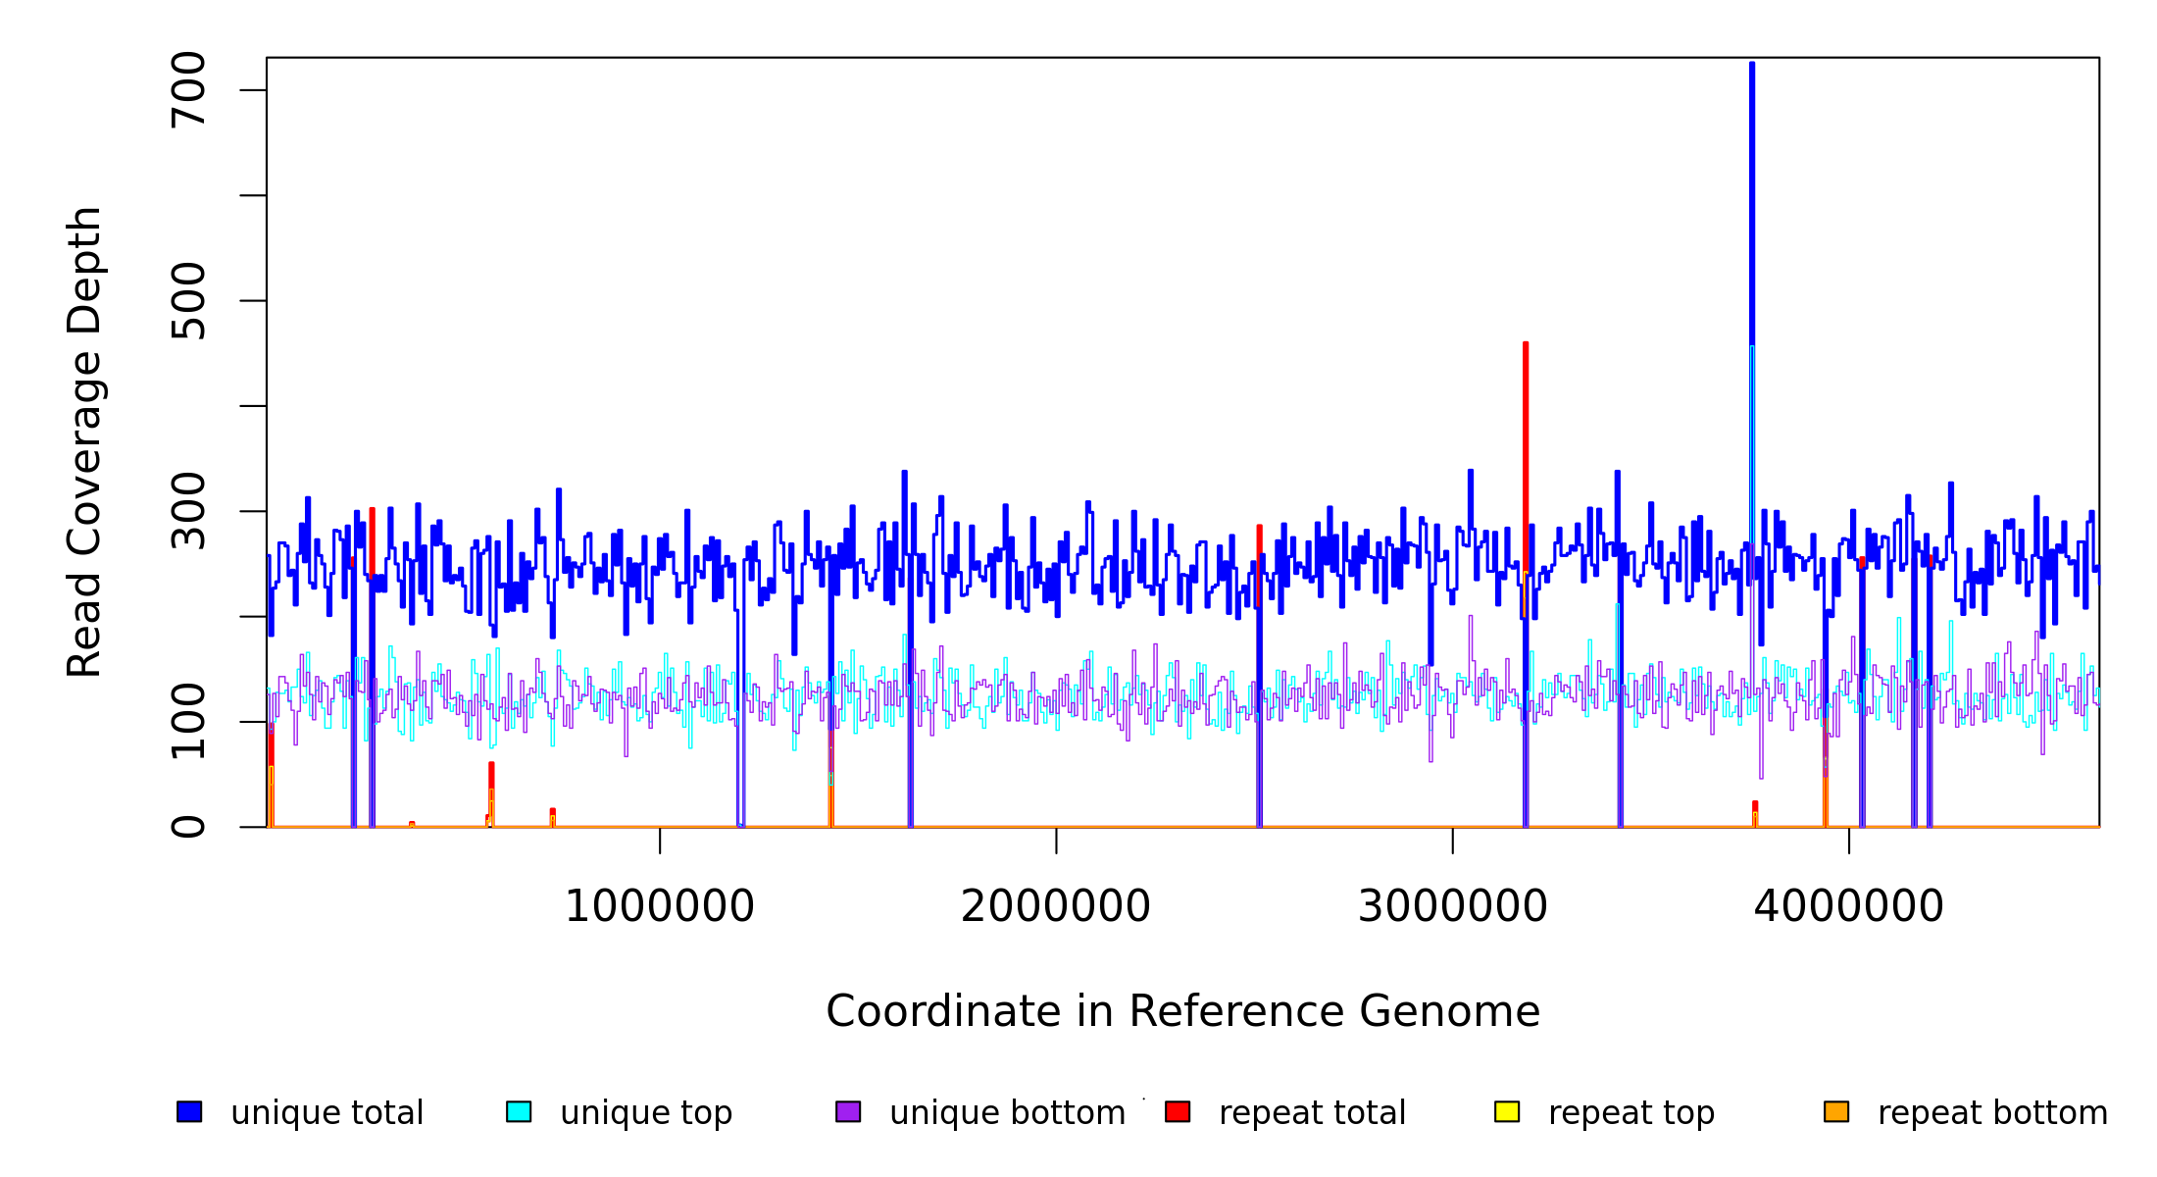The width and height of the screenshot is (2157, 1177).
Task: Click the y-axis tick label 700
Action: coord(187,90)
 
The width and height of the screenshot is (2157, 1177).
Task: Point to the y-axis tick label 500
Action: coord(187,301)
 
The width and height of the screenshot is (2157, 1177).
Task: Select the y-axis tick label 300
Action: coord(187,511)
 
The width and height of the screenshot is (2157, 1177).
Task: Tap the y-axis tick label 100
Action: coord(187,722)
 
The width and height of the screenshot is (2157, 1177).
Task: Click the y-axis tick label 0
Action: coord(187,827)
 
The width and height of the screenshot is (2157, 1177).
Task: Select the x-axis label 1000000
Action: coord(659,906)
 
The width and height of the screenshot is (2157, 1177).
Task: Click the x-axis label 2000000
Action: coord(1056,906)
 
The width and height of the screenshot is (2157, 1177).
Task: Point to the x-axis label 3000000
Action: coord(1452,906)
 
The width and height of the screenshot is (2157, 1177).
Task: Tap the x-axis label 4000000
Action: coord(1848,906)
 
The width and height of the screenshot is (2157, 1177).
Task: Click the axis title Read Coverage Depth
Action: coord(84,441)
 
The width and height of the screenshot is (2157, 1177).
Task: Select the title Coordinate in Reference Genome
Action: coord(1182,1012)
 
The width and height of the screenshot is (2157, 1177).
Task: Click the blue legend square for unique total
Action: coord(189,1111)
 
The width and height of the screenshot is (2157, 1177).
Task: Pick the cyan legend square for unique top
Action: coord(519,1111)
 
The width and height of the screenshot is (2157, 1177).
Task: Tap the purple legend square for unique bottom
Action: coord(848,1111)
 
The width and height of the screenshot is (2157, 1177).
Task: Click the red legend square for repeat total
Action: coord(1178,1111)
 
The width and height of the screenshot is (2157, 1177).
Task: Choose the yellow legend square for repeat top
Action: coord(1507,1111)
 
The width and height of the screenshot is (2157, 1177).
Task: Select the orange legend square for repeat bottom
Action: coord(1836,1111)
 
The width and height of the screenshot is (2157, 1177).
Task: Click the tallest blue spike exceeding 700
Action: coord(1752,196)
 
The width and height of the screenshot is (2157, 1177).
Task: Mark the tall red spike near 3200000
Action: coord(1526,441)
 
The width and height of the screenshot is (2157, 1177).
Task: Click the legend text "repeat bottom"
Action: coord(1992,1113)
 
